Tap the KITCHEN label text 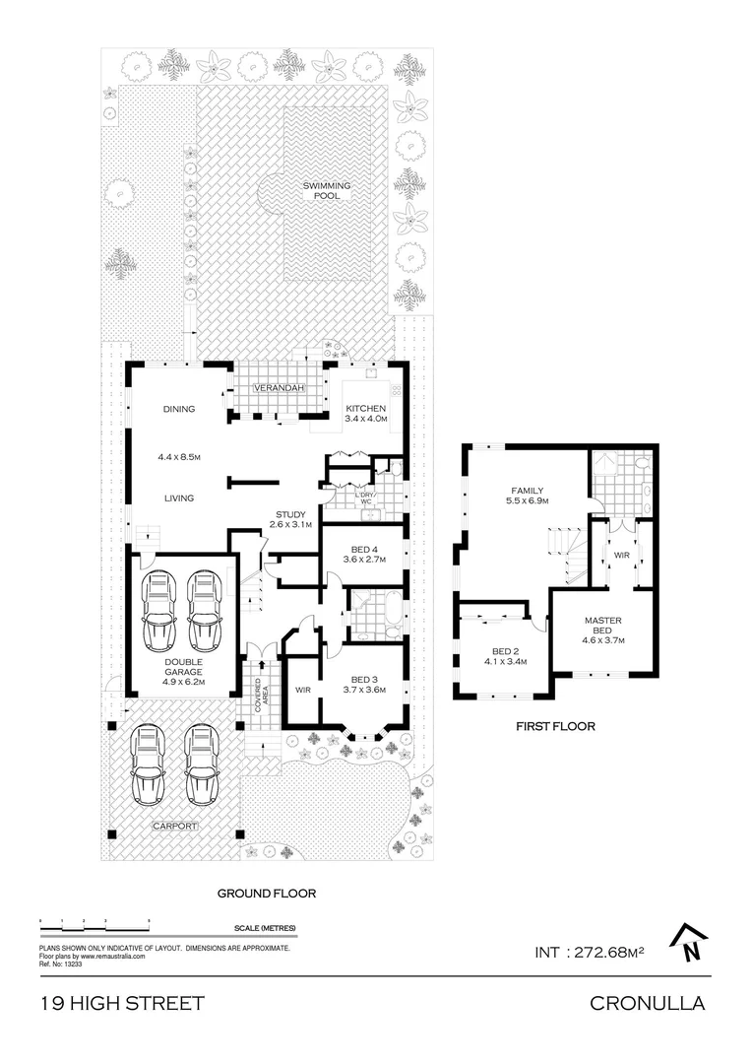[365, 409]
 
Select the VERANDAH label [277, 389]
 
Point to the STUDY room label [290, 514]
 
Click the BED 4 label [362, 551]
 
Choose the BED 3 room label [363, 679]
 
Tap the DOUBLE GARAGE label [182, 666]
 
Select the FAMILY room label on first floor [527, 491]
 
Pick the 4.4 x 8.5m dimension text [178, 457]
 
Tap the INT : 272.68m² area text [589, 952]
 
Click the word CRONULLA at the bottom [647, 1004]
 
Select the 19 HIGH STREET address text [122, 1004]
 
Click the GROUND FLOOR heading [266, 894]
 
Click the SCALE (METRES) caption [265, 929]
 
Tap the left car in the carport [148, 766]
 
